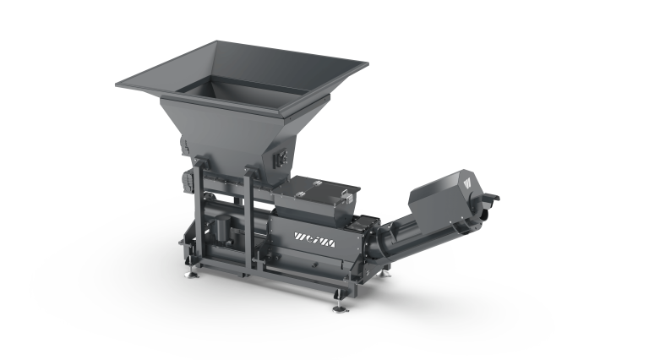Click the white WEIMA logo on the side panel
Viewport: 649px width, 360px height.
pos(314,240)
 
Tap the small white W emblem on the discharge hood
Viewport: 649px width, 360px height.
pos(468,183)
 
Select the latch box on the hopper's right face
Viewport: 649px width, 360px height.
pos(282,158)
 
